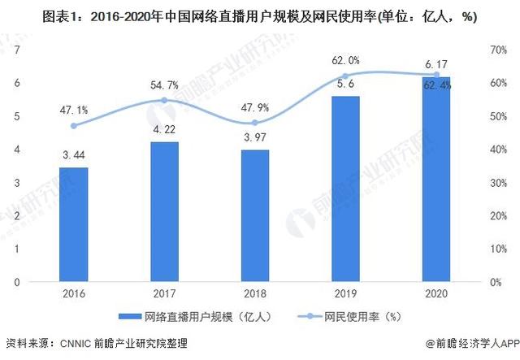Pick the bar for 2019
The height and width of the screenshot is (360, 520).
[346, 189]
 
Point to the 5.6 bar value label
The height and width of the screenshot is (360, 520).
[346, 84]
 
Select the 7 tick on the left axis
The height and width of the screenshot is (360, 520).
[17, 50]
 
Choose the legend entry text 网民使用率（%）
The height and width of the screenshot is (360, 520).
[368, 316]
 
